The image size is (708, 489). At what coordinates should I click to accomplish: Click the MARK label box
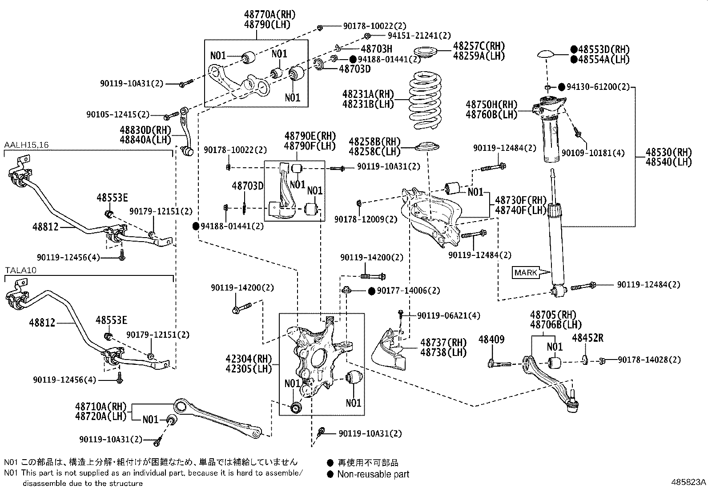(526, 272)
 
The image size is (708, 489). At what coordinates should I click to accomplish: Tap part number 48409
(491, 339)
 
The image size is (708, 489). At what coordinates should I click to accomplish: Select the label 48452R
(587, 338)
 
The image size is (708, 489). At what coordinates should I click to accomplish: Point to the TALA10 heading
(20, 270)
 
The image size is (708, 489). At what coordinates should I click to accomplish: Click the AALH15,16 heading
(26, 145)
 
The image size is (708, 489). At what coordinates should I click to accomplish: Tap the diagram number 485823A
(688, 482)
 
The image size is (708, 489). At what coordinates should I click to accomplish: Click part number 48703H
(376, 49)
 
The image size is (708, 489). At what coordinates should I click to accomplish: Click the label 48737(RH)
(443, 342)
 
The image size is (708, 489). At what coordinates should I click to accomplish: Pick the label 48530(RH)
(669, 152)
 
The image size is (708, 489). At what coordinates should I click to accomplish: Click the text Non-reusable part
(373, 474)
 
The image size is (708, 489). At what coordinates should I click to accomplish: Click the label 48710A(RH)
(101, 406)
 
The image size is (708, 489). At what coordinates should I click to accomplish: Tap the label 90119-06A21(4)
(449, 315)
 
